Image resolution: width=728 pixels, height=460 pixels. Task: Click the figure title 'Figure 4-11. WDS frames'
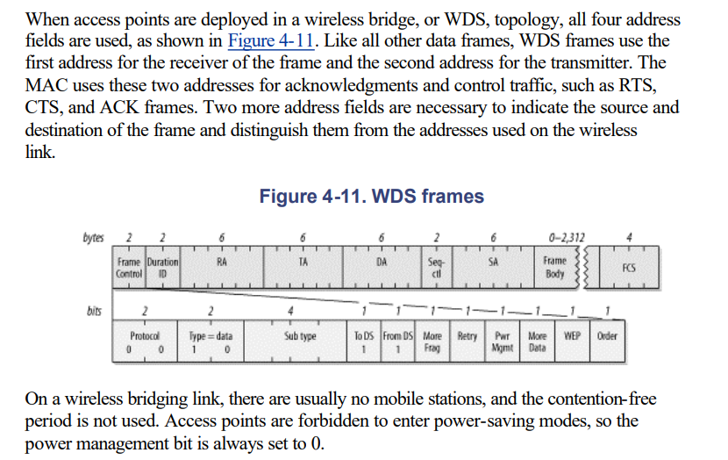[372, 196]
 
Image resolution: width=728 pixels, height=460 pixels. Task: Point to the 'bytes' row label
[92, 237]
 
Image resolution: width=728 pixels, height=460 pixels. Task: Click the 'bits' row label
[94, 310]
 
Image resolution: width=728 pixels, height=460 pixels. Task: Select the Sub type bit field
[300, 341]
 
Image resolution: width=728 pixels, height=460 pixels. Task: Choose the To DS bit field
[364, 341]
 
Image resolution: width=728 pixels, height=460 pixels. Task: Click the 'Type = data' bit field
[211, 341]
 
